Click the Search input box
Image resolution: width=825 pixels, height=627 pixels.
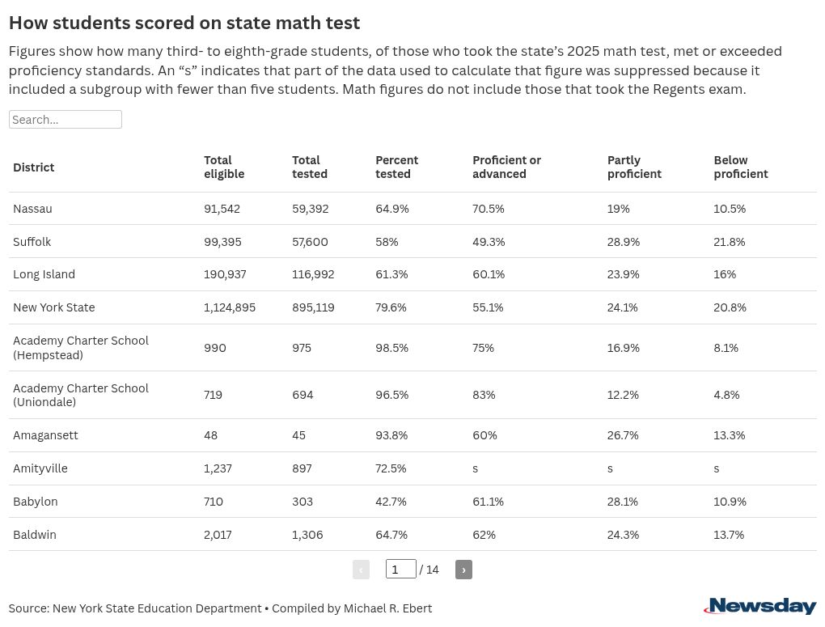(x=65, y=120)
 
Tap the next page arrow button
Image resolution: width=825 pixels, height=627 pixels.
(x=463, y=570)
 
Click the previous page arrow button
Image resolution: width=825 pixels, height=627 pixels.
(x=361, y=570)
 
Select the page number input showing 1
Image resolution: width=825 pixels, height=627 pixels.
(x=400, y=570)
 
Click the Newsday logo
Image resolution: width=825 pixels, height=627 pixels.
(x=759, y=607)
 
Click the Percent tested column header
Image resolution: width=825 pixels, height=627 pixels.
(x=396, y=167)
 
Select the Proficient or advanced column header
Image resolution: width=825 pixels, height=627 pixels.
(x=506, y=167)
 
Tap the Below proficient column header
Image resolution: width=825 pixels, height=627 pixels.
(x=740, y=167)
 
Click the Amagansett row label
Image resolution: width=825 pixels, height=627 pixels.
(x=45, y=435)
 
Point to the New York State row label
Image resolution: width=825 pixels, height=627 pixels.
(x=53, y=307)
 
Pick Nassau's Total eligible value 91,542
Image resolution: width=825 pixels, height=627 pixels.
(x=222, y=209)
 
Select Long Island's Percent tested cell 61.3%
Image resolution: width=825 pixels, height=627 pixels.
(x=391, y=274)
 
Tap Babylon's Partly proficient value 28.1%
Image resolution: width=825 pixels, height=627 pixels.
(x=622, y=502)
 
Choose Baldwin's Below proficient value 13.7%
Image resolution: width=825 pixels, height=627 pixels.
(x=728, y=535)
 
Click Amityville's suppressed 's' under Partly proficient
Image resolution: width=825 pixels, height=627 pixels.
(x=610, y=468)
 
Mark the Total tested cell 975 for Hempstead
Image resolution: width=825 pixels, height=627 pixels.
(x=302, y=348)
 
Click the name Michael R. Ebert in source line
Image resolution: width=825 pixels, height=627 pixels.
(x=387, y=608)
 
